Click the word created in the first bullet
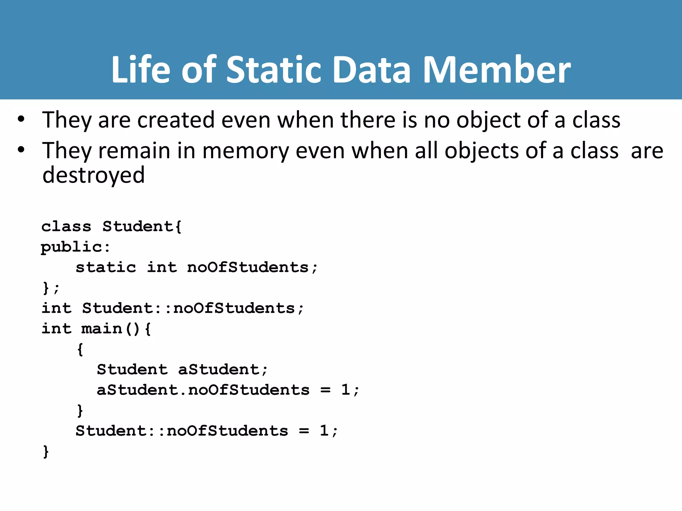pyautogui.click(x=176, y=120)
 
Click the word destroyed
pyautogui.click(x=94, y=175)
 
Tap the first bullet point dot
pyautogui.click(x=21, y=119)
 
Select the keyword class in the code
pyautogui.click(x=66, y=227)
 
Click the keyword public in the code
pyautogui.click(x=71, y=247)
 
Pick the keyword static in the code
pyautogui.click(x=106, y=267)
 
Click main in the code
pyautogui.click(x=102, y=329)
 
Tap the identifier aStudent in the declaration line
pyautogui.click(x=218, y=370)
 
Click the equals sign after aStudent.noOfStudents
pyautogui.click(x=325, y=390)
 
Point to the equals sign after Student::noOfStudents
pyautogui.click(x=304, y=431)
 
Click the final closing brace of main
pyautogui.click(x=46, y=451)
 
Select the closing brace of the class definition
pyautogui.click(x=46, y=288)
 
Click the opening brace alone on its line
pyautogui.click(x=80, y=349)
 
